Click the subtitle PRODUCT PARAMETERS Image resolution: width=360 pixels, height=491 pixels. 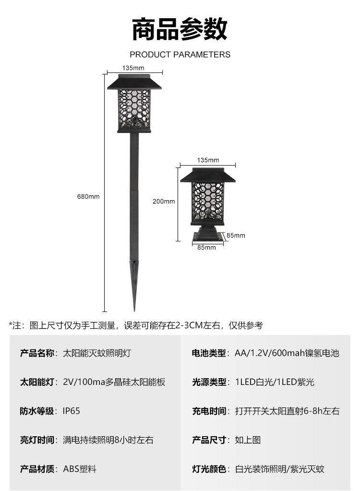180,55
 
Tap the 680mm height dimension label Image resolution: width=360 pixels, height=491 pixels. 88,196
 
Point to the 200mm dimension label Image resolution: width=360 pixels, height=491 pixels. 164,202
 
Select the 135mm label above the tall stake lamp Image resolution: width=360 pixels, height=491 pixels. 134,68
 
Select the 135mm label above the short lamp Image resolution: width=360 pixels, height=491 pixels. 208,160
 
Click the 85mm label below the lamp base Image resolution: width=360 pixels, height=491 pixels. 207,248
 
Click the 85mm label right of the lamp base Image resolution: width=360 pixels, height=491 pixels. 236,235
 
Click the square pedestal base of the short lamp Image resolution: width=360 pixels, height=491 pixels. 207,236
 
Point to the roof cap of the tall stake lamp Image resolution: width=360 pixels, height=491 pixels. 134,83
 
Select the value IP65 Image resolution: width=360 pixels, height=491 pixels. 72,411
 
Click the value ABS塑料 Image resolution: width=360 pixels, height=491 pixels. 80,469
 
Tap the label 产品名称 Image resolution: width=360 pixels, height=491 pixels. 39,353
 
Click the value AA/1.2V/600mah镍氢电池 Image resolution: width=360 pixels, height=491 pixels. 287,353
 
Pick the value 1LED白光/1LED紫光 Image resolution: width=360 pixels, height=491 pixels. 275,382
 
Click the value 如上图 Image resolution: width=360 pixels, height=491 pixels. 248,440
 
